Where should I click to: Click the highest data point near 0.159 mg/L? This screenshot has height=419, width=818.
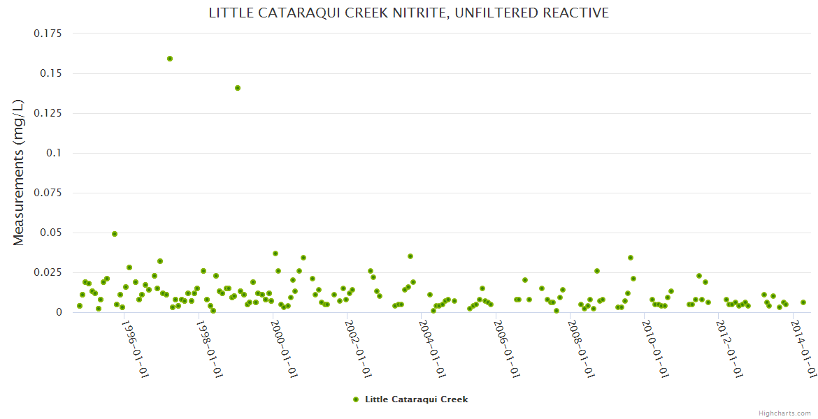pos(170,59)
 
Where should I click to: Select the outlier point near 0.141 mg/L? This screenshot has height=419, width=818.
pos(238,88)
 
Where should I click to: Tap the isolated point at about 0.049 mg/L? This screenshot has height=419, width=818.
pos(115,234)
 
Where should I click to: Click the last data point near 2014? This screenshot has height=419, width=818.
pos(803,302)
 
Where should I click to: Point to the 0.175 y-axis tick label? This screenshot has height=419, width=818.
pos(48,34)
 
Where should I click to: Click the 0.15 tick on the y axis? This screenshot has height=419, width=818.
pos(52,73)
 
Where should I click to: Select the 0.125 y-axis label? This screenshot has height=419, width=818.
pos(48,113)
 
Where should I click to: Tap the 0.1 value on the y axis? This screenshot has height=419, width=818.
pos(55,153)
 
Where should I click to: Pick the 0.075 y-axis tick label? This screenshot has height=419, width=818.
pos(48,193)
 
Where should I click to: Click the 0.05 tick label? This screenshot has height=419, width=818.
pos(52,233)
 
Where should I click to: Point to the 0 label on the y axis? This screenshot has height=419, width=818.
pos(59,312)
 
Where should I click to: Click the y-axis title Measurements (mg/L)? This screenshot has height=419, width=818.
pos(19,172)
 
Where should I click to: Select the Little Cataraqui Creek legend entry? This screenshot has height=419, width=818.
pos(416,399)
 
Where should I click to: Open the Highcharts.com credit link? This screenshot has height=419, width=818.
pos(784,413)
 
